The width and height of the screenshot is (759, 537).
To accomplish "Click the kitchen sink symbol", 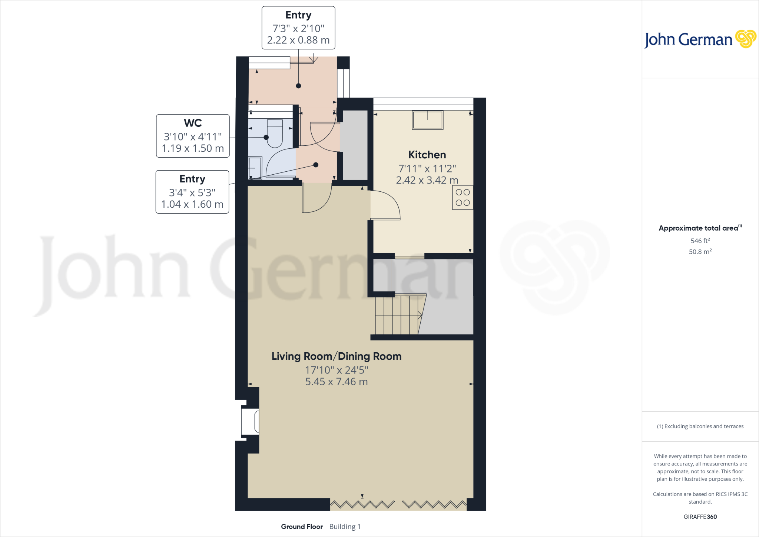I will pyautogui.click(x=427, y=120).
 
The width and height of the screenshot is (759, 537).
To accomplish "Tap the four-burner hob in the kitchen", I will pyautogui.click(x=463, y=198).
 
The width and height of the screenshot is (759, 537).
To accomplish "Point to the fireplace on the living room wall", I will pyautogui.click(x=251, y=421).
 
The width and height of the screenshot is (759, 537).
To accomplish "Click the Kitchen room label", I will pyautogui.click(x=427, y=155).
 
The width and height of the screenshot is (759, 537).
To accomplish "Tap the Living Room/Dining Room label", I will pyautogui.click(x=336, y=356).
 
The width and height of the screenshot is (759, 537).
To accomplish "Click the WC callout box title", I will pyautogui.click(x=193, y=123).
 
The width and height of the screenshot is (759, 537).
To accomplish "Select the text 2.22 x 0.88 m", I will pyautogui.click(x=298, y=40).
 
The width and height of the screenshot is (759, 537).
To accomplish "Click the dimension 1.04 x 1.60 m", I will pyautogui.click(x=192, y=204).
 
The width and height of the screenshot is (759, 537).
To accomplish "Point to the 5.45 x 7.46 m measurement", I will pyautogui.click(x=336, y=382).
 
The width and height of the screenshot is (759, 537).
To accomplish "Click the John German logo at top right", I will pyautogui.click(x=700, y=39).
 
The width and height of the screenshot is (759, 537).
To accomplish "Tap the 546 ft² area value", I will pyautogui.click(x=700, y=241).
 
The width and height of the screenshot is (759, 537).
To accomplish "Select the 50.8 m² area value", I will pyautogui.click(x=700, y=252).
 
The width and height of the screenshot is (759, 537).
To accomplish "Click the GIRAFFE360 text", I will pyautogui.click(x=700, y=517).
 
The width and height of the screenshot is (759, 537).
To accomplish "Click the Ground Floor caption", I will pyautogui.click(x=302, y=527).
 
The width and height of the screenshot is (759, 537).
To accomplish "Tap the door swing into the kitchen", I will pyautogui.click(x=385, y=206).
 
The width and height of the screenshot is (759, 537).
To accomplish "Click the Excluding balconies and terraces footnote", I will pyautogui.click(x=700, y=426).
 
